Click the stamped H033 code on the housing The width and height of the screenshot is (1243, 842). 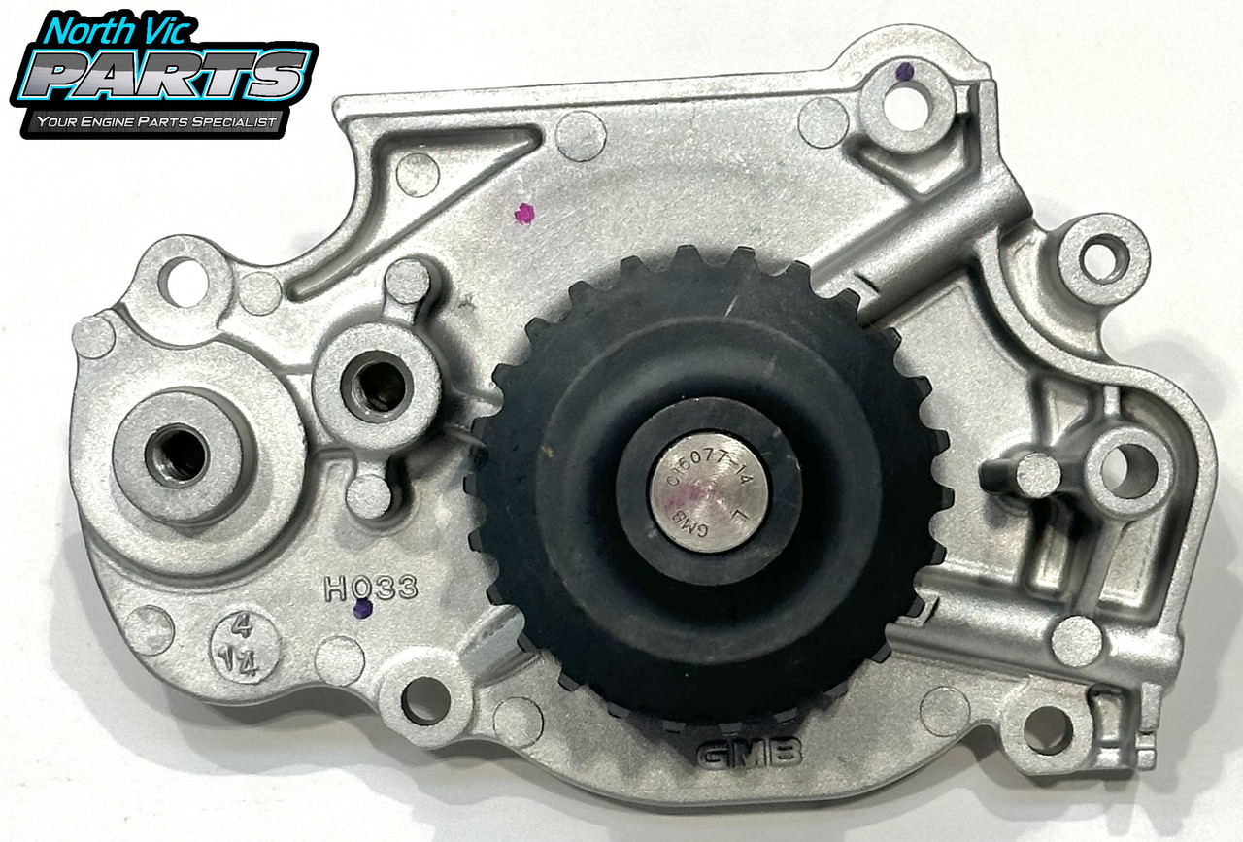click(371, 587)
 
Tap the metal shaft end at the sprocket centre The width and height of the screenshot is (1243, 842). click(709, 491)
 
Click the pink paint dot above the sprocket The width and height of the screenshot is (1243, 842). click(524, 214)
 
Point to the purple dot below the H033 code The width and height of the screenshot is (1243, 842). click(363, 609)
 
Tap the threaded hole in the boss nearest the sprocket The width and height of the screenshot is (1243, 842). click(377, 386)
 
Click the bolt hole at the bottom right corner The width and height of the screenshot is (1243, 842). click(1047, 727)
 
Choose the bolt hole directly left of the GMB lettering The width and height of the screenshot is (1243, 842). click(425, 701)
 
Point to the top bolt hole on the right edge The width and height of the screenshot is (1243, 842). click(1106, 257)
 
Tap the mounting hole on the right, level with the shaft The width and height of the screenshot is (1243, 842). click(1128, 471)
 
